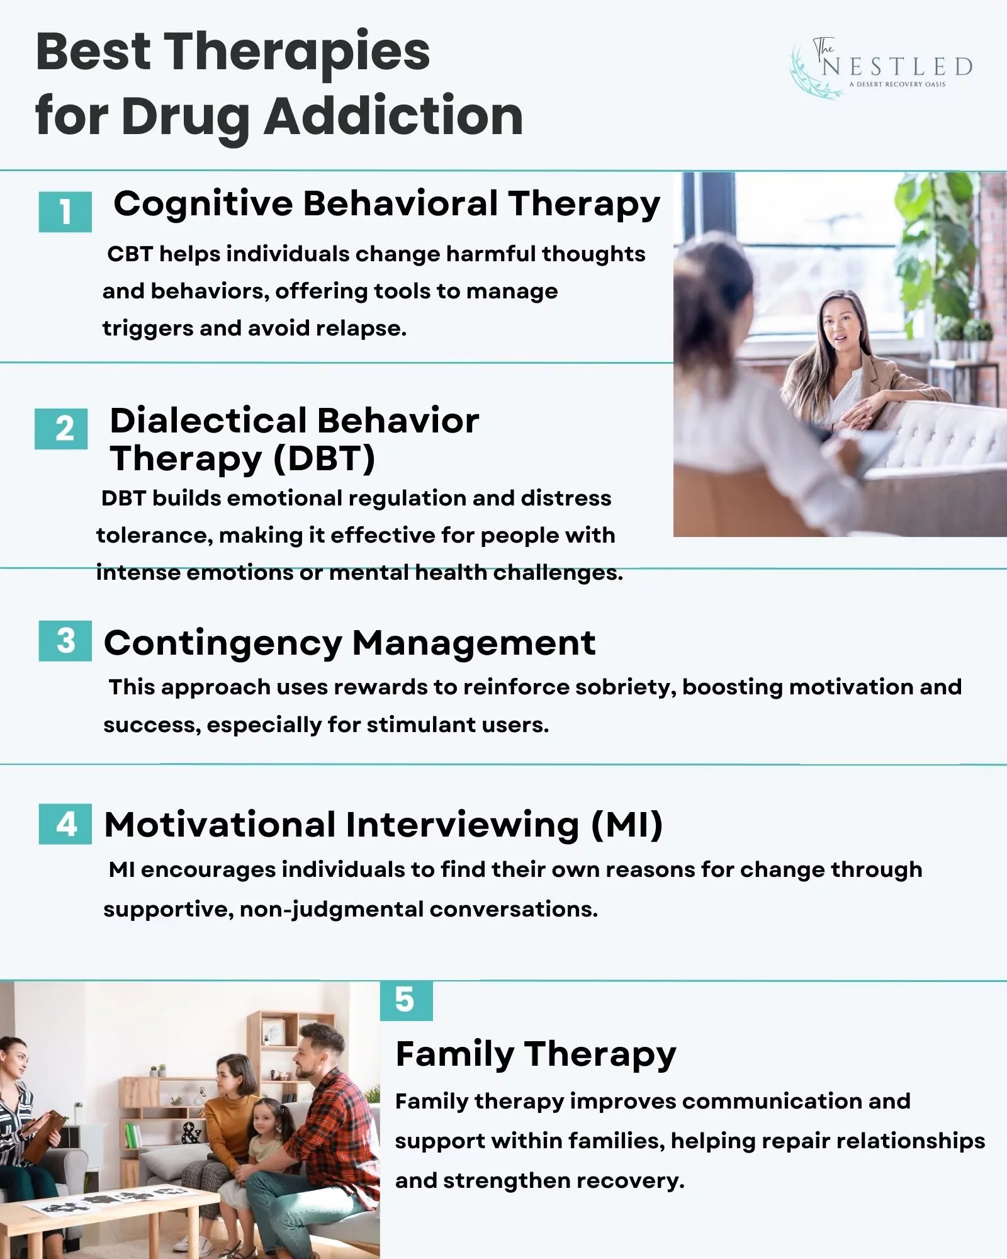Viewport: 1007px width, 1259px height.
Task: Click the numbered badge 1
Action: point(65,212)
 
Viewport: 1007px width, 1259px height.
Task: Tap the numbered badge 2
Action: point(62,429)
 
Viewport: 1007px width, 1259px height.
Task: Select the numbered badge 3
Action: point(65,641)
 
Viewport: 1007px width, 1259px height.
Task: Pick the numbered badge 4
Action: point(65,823)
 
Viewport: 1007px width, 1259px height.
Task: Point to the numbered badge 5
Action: point(406,1000)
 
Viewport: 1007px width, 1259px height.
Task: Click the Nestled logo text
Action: point(897,67)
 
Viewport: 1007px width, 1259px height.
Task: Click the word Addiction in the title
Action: point(393,116)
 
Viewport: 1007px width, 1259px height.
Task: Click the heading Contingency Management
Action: point(349,643)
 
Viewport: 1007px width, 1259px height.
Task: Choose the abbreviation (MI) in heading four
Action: point(627,825)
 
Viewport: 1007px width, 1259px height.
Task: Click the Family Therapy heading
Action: point(536,1054)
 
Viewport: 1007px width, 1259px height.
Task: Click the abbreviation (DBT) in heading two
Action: point(324,458)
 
